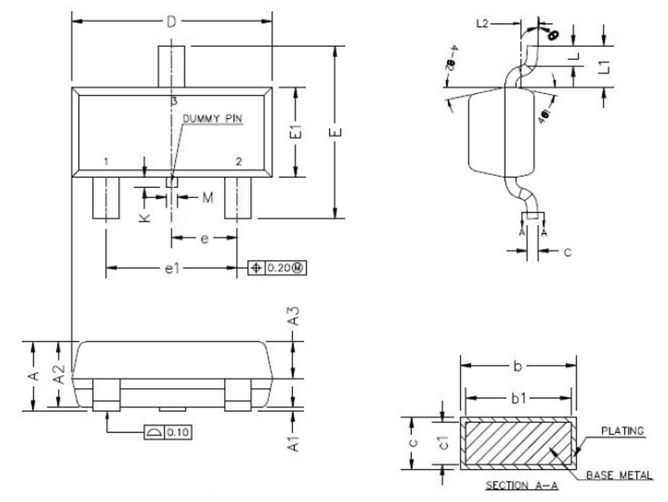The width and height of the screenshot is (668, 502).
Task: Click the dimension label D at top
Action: [x=172, y=22]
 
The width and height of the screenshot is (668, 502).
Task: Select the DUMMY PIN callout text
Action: [x=213, y=119]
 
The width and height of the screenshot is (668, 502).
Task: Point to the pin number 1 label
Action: [x=106, y=162]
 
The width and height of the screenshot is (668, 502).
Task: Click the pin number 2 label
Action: [x=239, y=161]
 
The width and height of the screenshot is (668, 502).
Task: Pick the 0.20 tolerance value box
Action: [x=285, y=268]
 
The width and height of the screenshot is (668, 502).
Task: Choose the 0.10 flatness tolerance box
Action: [x=178, y=432]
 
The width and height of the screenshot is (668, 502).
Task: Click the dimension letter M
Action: [x=208, y=198]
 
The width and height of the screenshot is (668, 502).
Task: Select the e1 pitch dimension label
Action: [x=172, y=268]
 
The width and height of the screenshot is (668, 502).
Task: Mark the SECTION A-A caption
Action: [x=522, y=485]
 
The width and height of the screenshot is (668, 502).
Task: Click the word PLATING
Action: [x=622, y=431]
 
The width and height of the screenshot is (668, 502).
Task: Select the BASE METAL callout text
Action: [x=619, y=475]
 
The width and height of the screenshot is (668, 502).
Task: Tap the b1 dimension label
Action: [x=518, y=398]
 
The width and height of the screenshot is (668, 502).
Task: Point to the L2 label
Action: [x=482, y=24]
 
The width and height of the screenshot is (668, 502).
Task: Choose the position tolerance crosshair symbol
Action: [x=256, y=268]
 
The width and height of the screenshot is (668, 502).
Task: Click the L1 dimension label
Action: [x=605, y=67]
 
